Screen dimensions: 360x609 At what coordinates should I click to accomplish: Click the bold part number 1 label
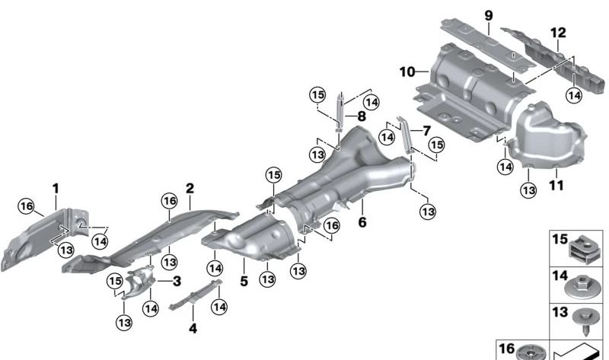pyautogui.click(x=55, y=186)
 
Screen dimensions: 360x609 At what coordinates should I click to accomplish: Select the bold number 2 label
pyautogui.click(x=190, y=188)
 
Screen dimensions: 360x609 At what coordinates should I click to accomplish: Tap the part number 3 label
pyautogui.click(x=176, y=282)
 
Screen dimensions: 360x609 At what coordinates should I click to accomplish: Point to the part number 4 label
pyautogui.click(x=193, y=329)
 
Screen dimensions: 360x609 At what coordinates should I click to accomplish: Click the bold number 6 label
pyautogui.click(x=362, y=223)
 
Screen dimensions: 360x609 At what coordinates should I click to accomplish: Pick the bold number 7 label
pyautogui.click(x=426, y=131)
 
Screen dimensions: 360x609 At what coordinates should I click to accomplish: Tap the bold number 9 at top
pyautogui.click(x=489, y=15)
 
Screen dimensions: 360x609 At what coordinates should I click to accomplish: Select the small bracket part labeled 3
pyautogui.click(x=137, y=281)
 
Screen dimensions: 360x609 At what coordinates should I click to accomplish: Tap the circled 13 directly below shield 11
pyautogui.click(x=527, y=187)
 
